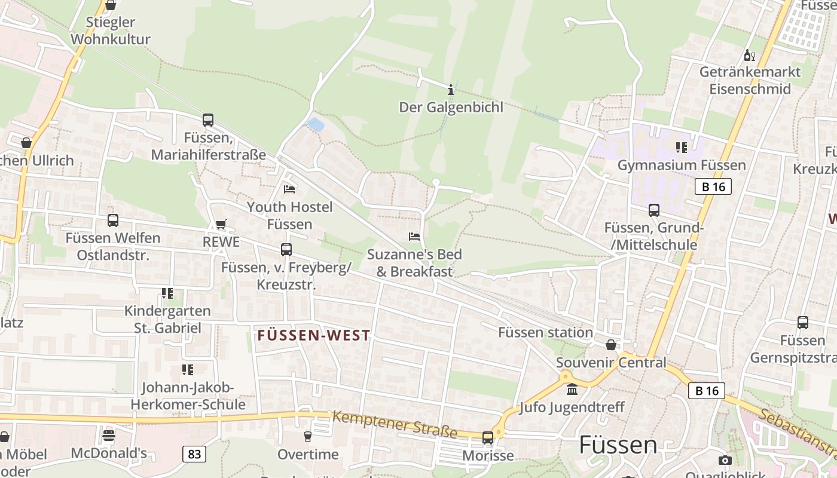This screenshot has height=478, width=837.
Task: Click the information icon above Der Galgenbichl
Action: click(x=451, y=90)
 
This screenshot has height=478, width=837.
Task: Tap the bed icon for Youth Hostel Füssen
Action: click(x=289, y=189)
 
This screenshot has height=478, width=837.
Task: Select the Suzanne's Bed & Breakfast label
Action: click(x=414, y=263)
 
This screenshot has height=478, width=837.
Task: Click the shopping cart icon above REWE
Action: click(x=221, y=224)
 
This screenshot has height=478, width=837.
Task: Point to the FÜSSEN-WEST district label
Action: click(x=314, y=336)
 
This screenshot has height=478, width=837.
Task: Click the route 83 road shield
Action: click(x=194, y=454)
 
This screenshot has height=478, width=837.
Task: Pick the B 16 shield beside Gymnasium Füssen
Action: click(x=713, y=186)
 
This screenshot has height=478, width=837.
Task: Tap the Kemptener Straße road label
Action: click(x=395, y=424)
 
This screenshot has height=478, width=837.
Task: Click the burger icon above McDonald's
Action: click(x=108, y=435)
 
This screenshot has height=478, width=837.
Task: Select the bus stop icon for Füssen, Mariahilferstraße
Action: click(x=208, y=120)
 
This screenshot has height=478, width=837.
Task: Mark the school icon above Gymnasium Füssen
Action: click(x=681, y=147)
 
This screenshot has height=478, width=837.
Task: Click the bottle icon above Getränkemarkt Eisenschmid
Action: click(x=749, y=56)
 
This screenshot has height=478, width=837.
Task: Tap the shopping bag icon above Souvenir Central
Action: click(x=611, y=345)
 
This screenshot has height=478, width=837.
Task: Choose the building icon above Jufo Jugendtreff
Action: click(x=572, y=390)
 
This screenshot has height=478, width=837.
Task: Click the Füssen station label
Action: click(x=545, y=332)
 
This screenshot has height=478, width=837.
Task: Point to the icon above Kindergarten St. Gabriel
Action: click(x=167, y=293)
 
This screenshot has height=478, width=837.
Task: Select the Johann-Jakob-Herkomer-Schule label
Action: click(x=188, y=396)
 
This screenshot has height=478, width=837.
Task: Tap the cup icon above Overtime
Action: click(x=308, y=437)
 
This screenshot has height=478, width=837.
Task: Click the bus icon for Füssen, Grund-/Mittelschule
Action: click(x=654, y=210)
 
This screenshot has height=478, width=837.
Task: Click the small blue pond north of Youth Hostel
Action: click(x=315, y=124)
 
